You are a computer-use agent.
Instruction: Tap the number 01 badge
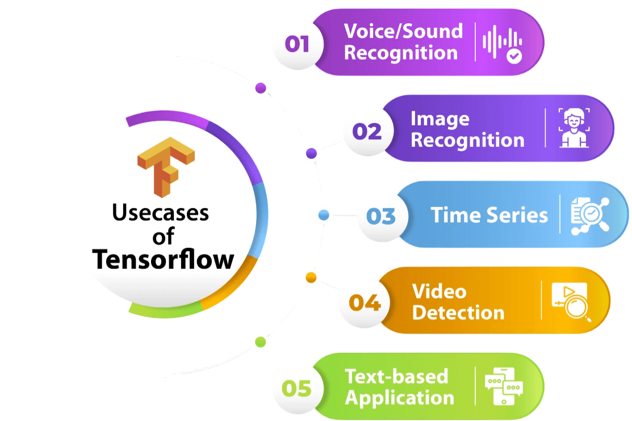click(x=297, y=44)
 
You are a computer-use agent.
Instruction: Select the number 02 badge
click(x=367, y=132)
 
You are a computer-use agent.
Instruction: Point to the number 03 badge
click(x=380, y=216)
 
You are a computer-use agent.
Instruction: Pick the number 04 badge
click(x=365, y=302)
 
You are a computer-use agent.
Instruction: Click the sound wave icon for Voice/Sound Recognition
click(x=502, y=43)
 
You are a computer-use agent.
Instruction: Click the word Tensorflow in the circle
click(x=164, y=259)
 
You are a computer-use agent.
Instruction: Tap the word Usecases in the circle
click(x=161, y=213)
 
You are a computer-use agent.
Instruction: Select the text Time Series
click(x=489, y=216)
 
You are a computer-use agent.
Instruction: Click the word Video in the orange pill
click(x=439, y=291)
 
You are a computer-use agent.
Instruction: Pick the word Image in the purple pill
click(x=440, y=119)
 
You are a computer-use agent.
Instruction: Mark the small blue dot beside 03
click(x=324, y=215)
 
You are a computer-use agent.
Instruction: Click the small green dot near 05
click(x=260, y=342)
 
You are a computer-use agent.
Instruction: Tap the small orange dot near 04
click(x=311, y=277)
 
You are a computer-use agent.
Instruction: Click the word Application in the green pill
click(x=399, y=398)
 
